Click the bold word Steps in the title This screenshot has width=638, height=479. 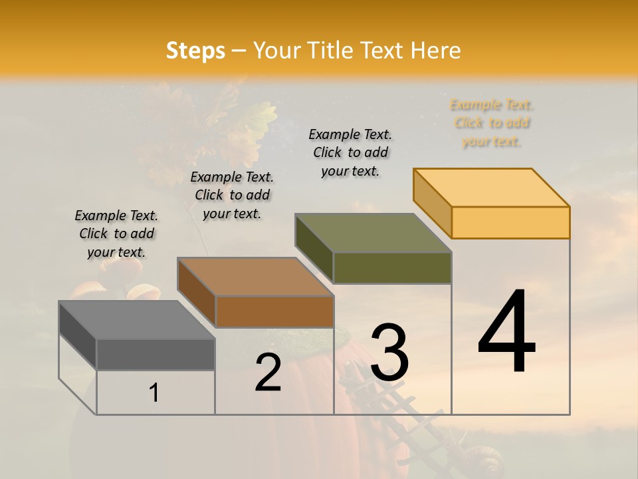(x=195, y=51)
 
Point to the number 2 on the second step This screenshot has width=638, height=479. (x=268, y=373)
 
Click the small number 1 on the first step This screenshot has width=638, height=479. (x=154, y=393)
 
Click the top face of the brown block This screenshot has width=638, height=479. (x=255, y=277)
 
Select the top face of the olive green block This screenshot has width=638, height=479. (x=373, y=233)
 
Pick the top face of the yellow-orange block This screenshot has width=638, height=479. (x=491, y=188)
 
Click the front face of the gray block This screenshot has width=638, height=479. (x=156, y=355)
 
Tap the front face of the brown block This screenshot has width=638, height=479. (x=274, y=311)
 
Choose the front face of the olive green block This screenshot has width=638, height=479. (x=392, y=267)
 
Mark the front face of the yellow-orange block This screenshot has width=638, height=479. (x=510, y=222)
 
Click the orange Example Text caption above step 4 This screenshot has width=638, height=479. (x=492, y=123)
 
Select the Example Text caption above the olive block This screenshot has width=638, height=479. (x=351, y=152)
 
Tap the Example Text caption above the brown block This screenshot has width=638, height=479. (x=232, y=195)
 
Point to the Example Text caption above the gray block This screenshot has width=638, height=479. (x=116, y=234)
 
